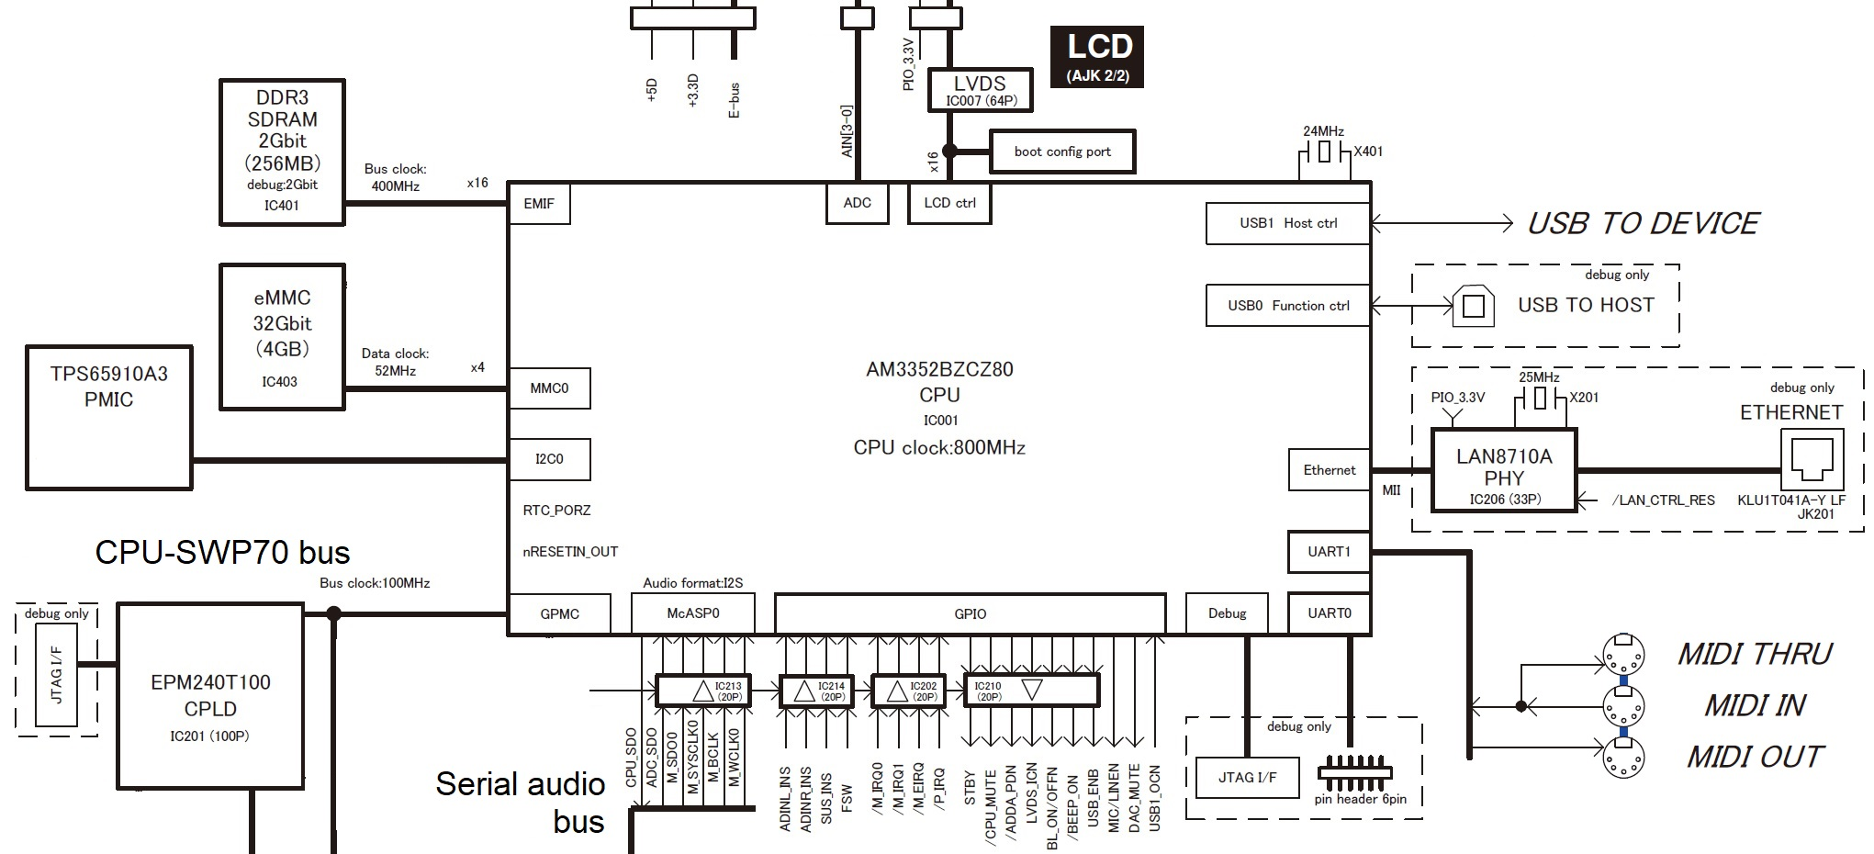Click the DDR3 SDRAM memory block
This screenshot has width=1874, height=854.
click(282, 152)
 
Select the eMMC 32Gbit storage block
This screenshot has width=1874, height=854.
click(282, 336)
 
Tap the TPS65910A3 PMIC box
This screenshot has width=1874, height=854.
click(108, 417)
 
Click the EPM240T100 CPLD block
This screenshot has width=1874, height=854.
click(210, 695)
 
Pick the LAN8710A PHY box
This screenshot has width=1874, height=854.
click(1503, 469)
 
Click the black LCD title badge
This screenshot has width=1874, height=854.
click(1097, 56)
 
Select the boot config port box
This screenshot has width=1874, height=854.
click(1061, 152)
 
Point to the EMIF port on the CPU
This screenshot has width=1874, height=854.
click(539, 204)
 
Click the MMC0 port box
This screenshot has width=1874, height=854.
click(549, 388)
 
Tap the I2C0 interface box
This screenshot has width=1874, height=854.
click(549, 459)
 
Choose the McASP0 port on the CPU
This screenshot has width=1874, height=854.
click(692, 613)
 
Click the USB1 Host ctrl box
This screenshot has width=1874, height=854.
click(1287, 223)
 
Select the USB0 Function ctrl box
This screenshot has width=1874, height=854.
click(1287, 306)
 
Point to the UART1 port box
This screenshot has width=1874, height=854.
click(1329, 552)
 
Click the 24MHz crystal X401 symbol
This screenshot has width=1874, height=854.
click(1323, 152)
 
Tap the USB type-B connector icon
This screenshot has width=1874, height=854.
click(1473, 307)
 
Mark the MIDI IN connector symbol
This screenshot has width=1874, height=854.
click(1622, 706)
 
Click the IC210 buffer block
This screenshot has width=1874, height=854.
click(1030, 690)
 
